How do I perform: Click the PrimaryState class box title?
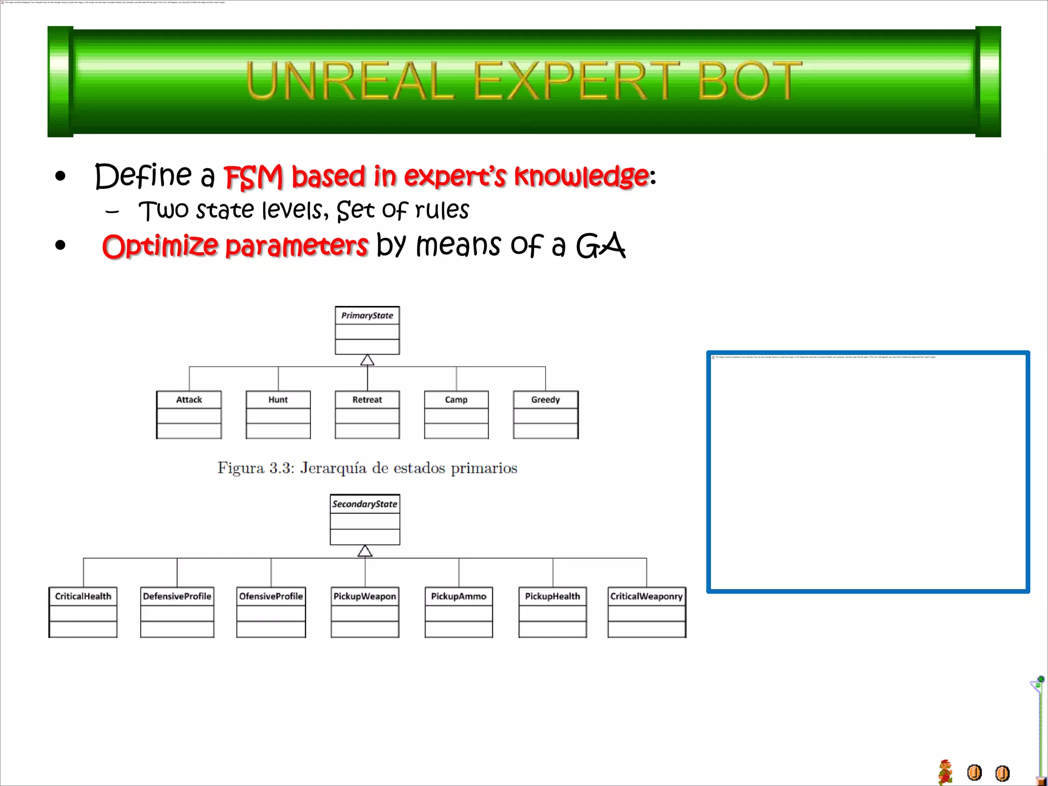coord(367,316)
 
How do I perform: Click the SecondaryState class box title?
coord(365,504)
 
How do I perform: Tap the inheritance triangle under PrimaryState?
coord(367,360)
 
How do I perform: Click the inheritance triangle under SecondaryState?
coord(365,551)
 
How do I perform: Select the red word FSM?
coord(253,177)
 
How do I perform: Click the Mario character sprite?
coord(945,772)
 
